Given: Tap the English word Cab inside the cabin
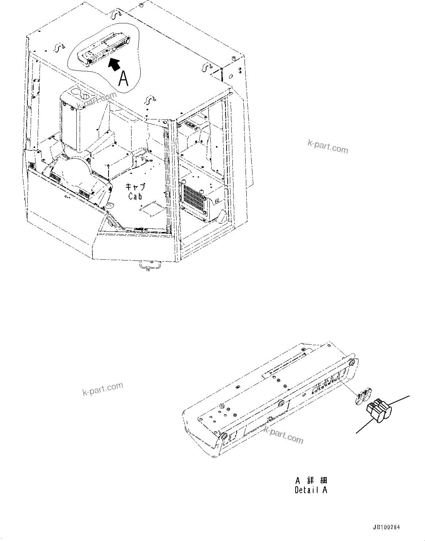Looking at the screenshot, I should click(135, 196).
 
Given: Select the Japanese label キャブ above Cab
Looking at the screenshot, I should click(135, 187).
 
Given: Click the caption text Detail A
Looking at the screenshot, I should click(311, 490).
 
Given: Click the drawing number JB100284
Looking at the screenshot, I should click(387, 527).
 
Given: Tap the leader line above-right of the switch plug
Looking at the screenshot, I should click(400, 401).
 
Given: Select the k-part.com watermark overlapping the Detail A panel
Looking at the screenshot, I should click(283, 434).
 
